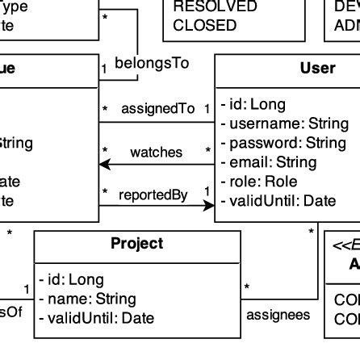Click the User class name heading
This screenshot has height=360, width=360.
pyautogui.click(x=317, y=69)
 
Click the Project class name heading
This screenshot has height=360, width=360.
pyautogui.click(x=136, y=244)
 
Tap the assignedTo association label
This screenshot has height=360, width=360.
pyautogui.click(x=159, y=108)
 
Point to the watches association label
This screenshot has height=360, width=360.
pyautogui.click(x=156, y=152)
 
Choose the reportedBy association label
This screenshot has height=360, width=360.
pyautogui.click(x=153, y=195)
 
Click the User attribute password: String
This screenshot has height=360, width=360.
pyautogui.click(x=283, y=143)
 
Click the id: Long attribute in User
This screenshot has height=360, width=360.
pyautogui.click(x=253, y=105)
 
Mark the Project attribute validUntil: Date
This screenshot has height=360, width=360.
pyautogui.click(x=97, y=318)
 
